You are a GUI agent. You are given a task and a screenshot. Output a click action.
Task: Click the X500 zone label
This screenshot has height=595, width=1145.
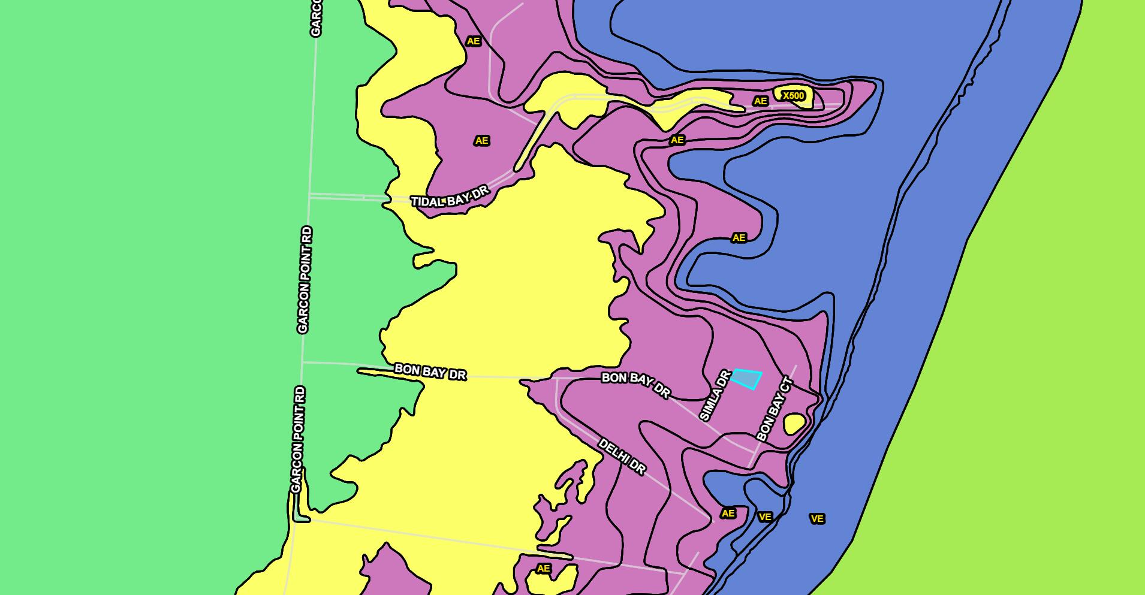(x=793, y=96)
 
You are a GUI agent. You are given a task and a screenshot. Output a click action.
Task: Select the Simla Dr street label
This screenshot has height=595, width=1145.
(x=715, y=395)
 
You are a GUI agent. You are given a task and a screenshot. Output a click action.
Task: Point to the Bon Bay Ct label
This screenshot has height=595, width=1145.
(x=775, y=409)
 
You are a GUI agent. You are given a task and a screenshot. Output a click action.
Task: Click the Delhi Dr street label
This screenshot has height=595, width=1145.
(x=622, y=457)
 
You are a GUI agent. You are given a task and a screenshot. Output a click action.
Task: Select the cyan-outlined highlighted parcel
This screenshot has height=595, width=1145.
(x=747, y=379)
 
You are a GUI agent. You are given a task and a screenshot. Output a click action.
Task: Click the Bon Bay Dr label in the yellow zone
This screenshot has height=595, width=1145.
(x=430, y=372)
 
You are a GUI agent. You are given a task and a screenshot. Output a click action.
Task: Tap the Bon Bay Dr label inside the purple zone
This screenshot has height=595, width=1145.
(x=635, y=385)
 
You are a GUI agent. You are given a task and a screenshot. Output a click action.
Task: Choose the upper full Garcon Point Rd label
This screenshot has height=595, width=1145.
(x=305, y=280)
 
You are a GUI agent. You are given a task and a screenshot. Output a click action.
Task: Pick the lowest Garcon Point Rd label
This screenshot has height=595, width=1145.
(x=298, y=439)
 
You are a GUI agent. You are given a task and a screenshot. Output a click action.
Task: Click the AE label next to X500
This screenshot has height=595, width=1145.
(x=760, y=101)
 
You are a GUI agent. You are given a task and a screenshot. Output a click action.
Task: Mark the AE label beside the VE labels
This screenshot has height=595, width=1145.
(x=728, y=514)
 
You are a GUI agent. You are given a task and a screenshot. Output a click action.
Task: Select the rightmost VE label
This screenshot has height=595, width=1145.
(x=816, y=519)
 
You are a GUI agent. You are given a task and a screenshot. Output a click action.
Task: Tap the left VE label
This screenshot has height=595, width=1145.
(x=765, y=517)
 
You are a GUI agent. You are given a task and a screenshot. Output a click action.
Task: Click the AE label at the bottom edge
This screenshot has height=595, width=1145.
(x=543, y=569)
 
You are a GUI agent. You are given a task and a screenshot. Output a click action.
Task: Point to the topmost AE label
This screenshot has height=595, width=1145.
(x=473, y=41)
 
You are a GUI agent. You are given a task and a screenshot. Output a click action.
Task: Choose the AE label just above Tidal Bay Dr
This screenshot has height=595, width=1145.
(x=481, y=141)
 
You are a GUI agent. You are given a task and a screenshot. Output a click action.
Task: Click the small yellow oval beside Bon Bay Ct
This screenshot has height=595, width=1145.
(x=794, y=424)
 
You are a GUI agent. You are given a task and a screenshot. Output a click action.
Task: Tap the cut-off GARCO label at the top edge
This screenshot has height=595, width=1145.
(x=316, y=18)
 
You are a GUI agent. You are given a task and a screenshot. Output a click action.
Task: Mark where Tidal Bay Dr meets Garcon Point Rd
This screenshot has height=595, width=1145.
(x=309, y=195)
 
